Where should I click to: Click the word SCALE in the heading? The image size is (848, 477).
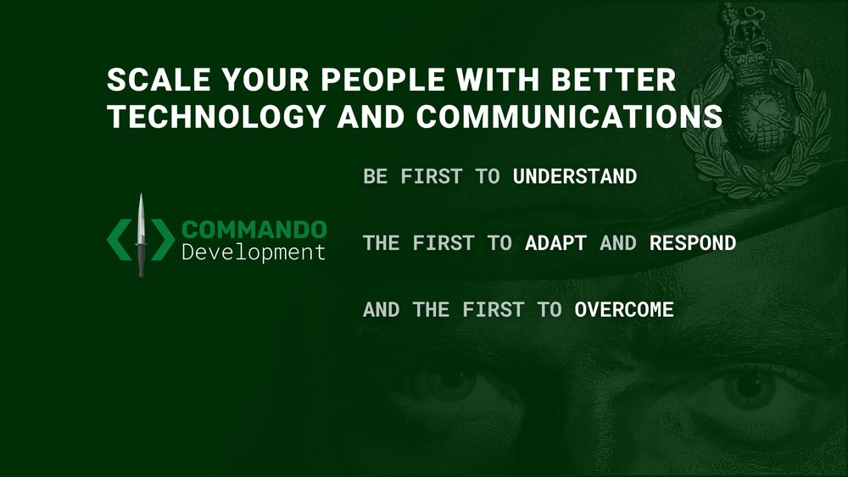[x=159, y=80]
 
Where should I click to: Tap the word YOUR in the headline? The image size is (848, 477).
[x=265, y=80]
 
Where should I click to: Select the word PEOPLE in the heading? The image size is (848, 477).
[x=383, y=80]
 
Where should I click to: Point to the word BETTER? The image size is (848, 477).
[x=613, y=80]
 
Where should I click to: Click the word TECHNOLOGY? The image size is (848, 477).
[x=216, y=116]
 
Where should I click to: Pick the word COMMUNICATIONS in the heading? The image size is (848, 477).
[x=569, y=116]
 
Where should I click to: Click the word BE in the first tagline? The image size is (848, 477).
[x=376, y=176]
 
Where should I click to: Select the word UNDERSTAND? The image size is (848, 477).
[x=574, y=176]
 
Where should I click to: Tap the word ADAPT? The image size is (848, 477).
[x=555, y=243]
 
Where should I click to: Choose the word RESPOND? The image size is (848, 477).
[x=692, y=243]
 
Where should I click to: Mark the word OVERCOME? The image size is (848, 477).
[x=623, y=309]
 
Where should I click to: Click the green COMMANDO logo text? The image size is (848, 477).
[x=254, y=230]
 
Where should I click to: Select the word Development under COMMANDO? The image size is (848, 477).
[x=254, y=252]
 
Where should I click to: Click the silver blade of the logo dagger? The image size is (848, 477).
[x=141, y=218]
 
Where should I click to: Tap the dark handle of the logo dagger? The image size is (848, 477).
[x=141, y=260]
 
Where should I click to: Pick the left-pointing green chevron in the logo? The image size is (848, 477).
[x=120, y=240]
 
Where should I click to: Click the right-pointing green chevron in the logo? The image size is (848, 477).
[x=163, y=240]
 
